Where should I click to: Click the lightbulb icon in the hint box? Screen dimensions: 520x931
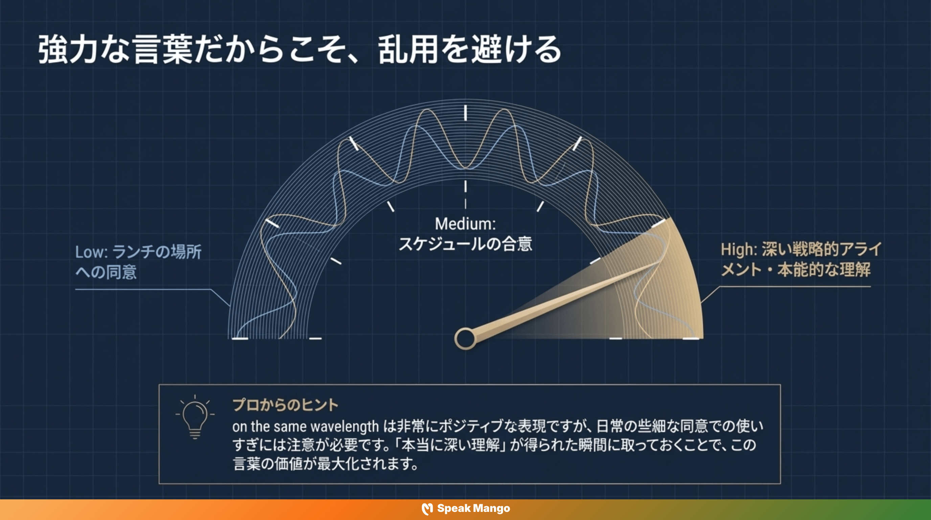(195, 417)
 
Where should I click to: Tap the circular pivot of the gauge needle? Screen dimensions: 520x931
(465, 339)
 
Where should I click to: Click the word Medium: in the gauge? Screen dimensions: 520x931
(465, 224)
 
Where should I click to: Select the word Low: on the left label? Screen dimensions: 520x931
(91, 252)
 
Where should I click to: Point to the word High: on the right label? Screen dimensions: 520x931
(739, 250)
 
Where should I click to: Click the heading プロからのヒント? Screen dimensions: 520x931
(285, 405)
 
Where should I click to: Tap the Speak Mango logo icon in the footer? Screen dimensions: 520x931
(427, 509)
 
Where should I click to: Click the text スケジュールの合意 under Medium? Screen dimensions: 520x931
(465, 244)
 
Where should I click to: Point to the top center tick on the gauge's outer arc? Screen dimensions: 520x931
(465, 113)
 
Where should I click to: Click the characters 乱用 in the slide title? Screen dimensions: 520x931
(408, 50)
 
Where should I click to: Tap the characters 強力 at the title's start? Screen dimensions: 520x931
(68, 50)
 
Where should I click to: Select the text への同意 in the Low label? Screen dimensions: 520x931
(106, 272)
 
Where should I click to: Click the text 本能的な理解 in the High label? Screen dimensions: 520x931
(824, 270)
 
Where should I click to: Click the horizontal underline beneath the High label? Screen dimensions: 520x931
(795, 287)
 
